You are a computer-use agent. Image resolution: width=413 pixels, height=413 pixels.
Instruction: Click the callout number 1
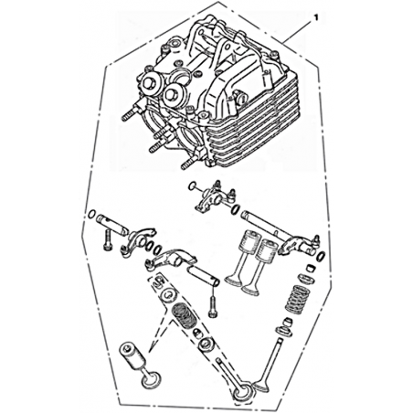(315, 18)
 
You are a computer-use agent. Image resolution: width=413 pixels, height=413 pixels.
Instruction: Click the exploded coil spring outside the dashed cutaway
(296, 300)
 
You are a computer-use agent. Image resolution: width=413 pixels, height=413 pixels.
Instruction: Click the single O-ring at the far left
(91, 214)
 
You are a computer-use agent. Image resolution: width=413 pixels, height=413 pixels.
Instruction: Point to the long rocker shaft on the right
(263, 226)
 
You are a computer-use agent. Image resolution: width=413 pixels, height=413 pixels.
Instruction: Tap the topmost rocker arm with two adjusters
(214, 196)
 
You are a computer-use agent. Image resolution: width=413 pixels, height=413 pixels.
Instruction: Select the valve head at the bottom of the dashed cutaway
(244, 394)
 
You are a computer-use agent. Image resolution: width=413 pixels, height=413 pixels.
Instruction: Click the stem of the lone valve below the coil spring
(273, 359)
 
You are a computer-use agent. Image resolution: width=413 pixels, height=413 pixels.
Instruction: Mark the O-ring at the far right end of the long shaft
(321, 256)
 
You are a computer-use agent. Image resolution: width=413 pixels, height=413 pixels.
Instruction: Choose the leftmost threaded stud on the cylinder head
(128, 114)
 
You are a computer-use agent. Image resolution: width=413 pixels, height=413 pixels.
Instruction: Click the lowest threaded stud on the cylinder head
(190, 163)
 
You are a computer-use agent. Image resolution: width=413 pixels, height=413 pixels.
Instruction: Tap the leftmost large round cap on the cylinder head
(151, 83)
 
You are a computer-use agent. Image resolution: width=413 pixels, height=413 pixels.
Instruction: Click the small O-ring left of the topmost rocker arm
(193, 185)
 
